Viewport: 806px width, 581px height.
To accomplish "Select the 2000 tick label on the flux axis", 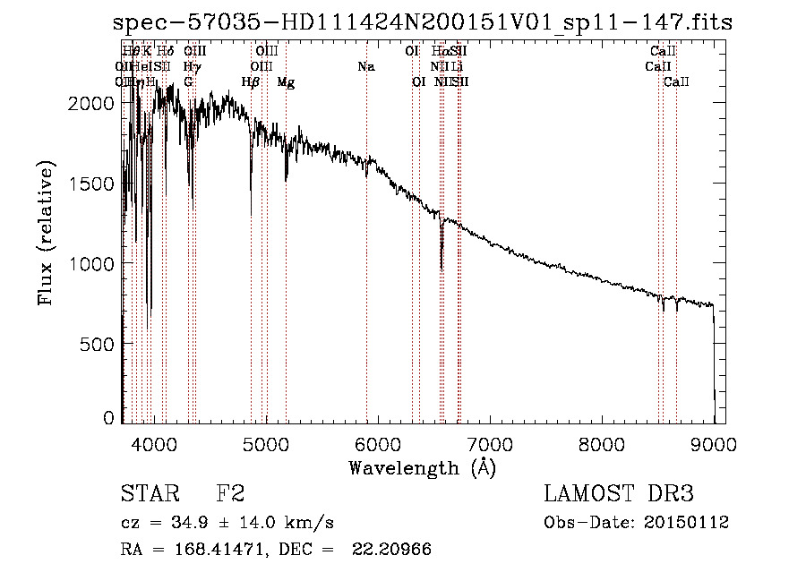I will click(x=90, y=103).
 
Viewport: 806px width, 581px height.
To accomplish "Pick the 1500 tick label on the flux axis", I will click(x=90, y=184).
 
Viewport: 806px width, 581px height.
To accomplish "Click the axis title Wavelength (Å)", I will click(x=422, y=467).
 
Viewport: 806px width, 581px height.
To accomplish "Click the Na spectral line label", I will click(x=365, y=67).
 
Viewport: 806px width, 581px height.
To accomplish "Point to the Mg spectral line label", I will click(x=286, y=82).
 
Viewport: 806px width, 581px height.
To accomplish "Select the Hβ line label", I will click(x=251, y=82).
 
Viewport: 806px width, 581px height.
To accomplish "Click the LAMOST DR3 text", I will click(x=618, y=495).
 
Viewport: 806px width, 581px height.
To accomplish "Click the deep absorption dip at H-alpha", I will click(x=442, y=264).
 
